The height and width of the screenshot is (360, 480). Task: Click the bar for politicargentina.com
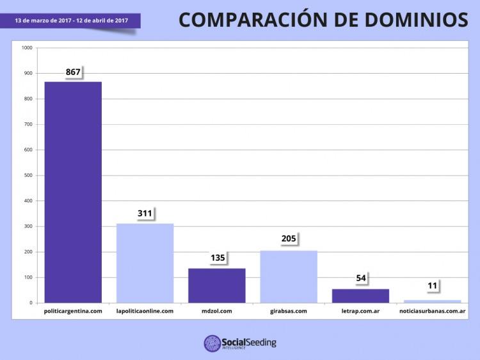[72, 192]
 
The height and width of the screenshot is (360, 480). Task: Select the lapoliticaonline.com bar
[145, 263]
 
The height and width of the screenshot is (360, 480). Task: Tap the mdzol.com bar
[216, 285]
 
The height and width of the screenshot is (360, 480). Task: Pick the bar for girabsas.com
[288, 276]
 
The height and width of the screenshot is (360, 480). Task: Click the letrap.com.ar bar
[360, 295]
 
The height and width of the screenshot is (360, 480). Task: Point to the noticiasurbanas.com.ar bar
[432, 301]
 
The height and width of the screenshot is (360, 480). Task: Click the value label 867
[73, 72]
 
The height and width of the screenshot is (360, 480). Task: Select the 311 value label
[145, 213]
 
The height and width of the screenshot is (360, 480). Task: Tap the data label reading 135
[217, 258]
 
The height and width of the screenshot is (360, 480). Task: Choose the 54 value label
[361, 279]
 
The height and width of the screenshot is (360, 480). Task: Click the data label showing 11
[433, 286]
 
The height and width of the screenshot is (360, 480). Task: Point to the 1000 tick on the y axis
[27, 48]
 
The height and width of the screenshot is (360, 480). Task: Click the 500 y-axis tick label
[29, 176]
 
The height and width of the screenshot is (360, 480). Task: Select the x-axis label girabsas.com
[289, 311]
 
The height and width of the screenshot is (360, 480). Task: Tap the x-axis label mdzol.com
[216, 311]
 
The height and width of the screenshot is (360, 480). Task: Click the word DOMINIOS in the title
[414, 20]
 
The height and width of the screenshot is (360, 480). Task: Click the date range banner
[72, 20]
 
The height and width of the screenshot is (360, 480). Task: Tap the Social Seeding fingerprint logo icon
[212, 343]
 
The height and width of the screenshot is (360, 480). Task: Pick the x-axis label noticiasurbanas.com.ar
[432, 311]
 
